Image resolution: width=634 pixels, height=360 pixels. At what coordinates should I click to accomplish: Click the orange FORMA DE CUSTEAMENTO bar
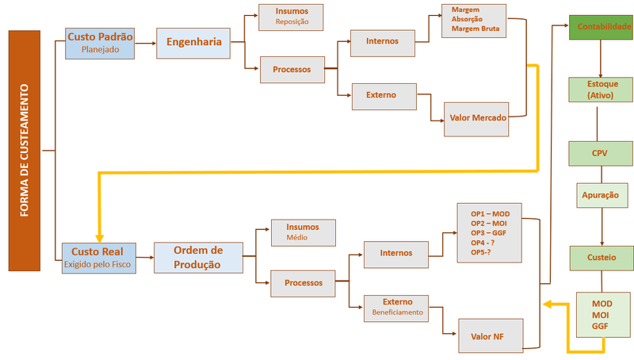(25, 151)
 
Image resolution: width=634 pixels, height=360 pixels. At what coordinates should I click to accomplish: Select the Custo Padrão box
(100, 44)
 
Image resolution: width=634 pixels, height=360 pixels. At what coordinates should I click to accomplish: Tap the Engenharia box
(193, 44)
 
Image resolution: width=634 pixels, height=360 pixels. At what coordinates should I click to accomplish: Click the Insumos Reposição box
(291, 17)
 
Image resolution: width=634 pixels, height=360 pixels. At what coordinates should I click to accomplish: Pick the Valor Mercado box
(476, 119)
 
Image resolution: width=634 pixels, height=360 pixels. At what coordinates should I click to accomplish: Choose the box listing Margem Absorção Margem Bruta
(473, 21)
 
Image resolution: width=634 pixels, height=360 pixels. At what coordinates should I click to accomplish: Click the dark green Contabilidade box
(602, 27)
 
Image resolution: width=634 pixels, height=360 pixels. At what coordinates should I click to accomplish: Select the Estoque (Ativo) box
(601, 90)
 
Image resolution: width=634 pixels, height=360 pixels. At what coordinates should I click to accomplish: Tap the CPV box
(601, 154)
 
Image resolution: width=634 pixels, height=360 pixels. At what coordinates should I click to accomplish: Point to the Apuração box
(602, 195)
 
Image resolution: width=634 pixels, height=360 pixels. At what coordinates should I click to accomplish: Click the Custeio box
(602, 259)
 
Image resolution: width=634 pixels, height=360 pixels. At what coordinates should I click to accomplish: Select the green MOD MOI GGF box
(603, 315)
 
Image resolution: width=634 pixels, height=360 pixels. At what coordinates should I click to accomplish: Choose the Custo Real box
(98, 258)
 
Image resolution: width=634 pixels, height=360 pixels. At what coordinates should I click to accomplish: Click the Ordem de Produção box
(199, 258)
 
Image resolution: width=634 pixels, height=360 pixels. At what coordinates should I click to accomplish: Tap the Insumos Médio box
(304, 232)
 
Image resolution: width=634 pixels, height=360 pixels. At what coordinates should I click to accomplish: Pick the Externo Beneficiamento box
(396, 308)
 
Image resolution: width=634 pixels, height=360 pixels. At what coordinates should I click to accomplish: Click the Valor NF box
(491, 335)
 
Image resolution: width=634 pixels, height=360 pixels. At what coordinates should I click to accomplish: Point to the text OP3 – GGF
(488, 233)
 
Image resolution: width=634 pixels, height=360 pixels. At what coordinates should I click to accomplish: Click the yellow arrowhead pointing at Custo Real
(100, 238)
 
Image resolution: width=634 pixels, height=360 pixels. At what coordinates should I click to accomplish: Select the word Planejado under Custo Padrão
(101, 49)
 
